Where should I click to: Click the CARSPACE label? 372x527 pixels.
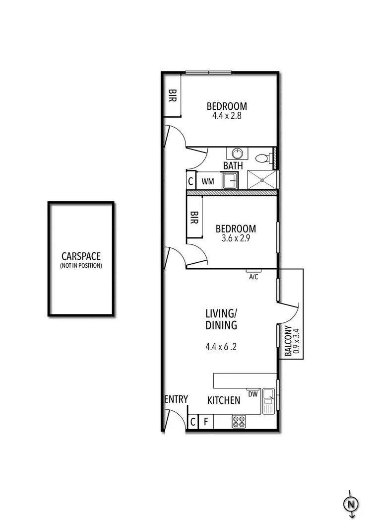pos(81,256)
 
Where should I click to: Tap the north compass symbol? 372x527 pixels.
pos(351,504)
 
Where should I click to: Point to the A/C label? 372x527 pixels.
pos(253,277)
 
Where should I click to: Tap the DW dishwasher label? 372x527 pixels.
pos(252,394)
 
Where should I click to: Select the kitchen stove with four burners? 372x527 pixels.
pos(239,422)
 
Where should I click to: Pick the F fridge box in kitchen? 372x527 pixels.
pos(205,422)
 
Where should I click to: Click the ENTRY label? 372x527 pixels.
pos(176,399)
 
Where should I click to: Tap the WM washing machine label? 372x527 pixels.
pos(208,181)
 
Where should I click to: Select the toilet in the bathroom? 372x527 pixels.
pos(262,158)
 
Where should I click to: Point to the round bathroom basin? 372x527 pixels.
pos(236,153)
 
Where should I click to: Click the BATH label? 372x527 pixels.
pos(233,166)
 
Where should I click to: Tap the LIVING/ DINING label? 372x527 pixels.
pos(221,319)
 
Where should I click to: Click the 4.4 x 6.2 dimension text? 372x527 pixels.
pos(221,347)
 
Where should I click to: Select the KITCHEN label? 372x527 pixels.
pos(224,400)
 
